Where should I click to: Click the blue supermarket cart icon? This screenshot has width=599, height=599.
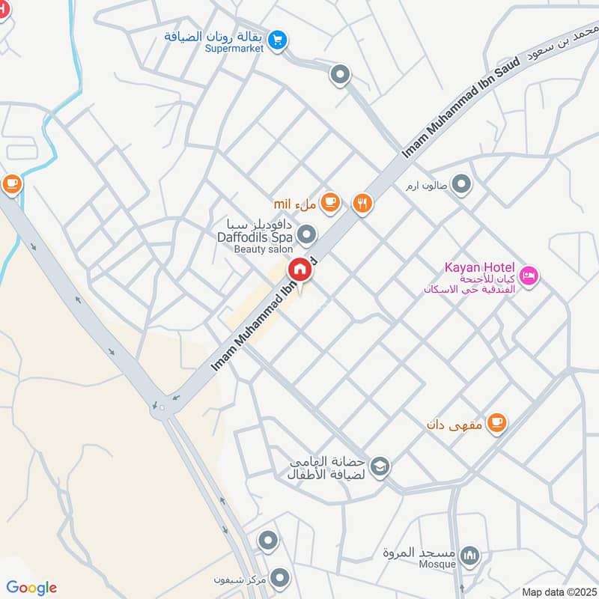coord(278,40)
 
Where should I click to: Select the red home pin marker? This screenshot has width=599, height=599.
coord(300,270)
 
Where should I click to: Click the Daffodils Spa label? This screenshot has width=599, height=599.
coord(254,237)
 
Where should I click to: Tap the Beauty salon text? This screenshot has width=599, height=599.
coord(261,249)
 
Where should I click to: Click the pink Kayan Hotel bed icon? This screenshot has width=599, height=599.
coord(529,276)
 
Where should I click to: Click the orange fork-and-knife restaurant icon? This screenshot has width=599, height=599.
coord(362,203)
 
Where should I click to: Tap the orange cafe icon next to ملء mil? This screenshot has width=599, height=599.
coord(330,202)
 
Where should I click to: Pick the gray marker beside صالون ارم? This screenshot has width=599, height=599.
coord(463,183)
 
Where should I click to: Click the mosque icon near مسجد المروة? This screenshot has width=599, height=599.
coord(469,556)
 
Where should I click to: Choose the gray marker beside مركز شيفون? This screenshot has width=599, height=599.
coord(280,577)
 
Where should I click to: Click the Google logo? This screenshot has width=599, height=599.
coord(31,588)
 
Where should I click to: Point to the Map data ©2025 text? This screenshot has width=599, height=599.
coord(558,592)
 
